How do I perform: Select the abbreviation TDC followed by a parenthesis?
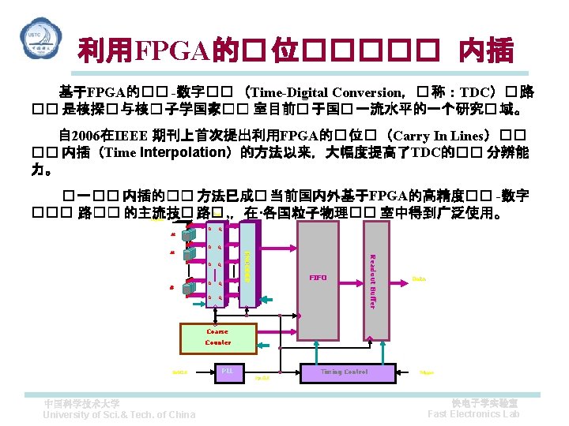coord(483,92)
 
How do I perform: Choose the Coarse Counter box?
coord(218,337)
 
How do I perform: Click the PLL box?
coord(227,371)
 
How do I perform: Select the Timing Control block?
coord(344,372)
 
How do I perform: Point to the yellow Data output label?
coord(420,278)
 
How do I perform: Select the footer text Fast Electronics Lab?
coord(473,414)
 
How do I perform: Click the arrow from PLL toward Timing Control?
coord(269,372)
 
